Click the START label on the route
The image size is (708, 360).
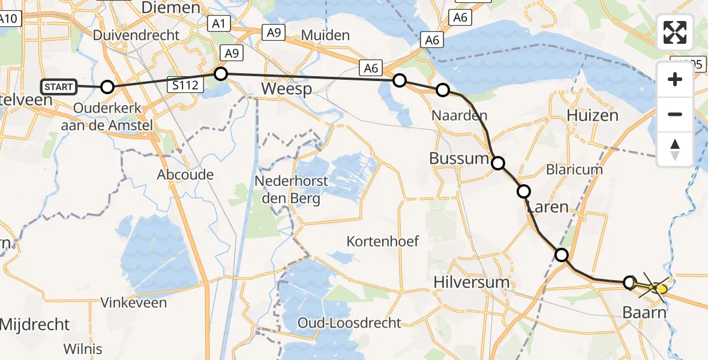point(59,87)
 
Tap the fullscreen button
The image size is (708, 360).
point(675,32)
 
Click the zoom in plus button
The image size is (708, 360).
point(675,79)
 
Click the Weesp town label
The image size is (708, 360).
point(287,89)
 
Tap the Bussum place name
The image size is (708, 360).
point(459,159)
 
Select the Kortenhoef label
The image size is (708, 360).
point(383,241)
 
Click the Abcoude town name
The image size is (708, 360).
point(185,175)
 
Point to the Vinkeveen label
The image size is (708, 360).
point(133,302)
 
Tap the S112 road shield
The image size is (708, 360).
point(185,85)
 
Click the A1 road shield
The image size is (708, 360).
point(219,24)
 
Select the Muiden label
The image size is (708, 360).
point(325,35)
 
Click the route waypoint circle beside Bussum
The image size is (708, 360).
point(498,163)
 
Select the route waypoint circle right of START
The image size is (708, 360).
point(107,87)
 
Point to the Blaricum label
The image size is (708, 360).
point(575,170)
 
